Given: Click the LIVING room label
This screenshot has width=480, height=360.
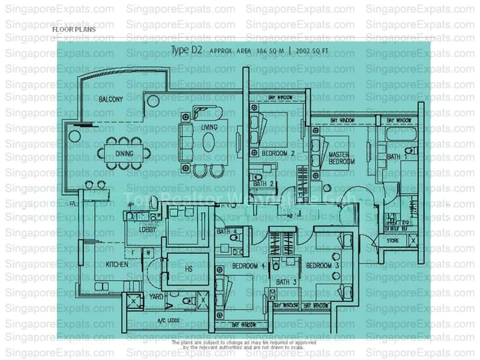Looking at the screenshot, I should point(209,127).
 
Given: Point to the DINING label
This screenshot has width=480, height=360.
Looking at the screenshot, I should point(124,154).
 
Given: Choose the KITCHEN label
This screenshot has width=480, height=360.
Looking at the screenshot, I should point(117,264).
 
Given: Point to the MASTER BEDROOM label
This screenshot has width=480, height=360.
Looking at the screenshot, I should point(342,158).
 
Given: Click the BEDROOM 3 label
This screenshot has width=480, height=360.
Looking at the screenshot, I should point(322,265).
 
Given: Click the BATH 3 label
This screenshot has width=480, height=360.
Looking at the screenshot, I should point(286,282).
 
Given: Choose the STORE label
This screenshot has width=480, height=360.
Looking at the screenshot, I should point(393,241).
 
